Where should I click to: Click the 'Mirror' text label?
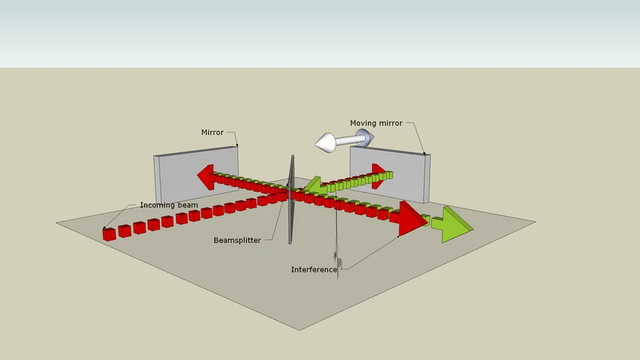[x=212, y=132]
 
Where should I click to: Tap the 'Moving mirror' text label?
[x=376, y=123]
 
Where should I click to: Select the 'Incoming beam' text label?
[x=169, y=205]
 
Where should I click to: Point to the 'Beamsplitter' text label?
[x=237, y=240]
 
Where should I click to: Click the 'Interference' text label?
[x=314, y=269]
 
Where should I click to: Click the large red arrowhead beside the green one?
[x=411, y=218]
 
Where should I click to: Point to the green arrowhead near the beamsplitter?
[x=314, y=186]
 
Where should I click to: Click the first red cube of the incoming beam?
[x=109, y=234]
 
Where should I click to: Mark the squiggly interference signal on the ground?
[x=339, y=264]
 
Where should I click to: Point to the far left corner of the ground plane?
[x=57, y=223]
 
